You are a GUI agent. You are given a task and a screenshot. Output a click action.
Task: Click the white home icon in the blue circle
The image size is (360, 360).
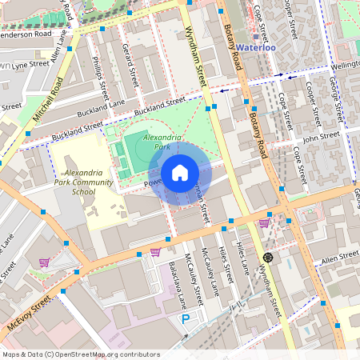click(x=179, y=173)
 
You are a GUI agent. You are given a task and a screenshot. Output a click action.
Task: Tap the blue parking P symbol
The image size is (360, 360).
click(x=186, y=319)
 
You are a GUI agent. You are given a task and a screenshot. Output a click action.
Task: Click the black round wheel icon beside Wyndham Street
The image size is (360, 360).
click(x=268, y=258)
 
